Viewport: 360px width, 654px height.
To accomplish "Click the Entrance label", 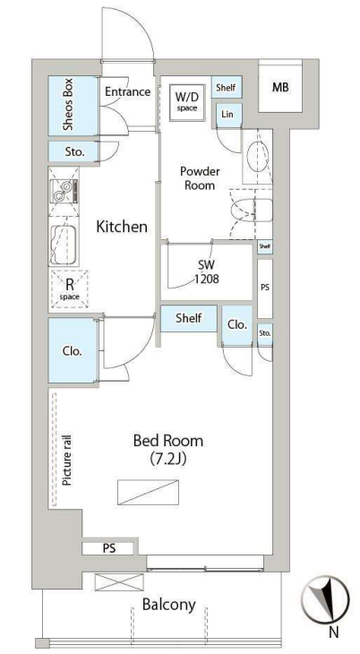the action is pos(127,91).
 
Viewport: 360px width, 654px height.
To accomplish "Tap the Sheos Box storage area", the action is pos(73,106).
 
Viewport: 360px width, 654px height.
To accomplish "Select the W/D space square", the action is pos(186,102).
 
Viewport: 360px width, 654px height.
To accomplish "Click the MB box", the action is pos(280,88).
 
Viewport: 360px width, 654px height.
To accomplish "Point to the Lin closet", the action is pos(227,115).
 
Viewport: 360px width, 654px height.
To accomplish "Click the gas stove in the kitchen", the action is pos(64,192).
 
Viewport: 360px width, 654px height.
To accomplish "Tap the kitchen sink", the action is pos(64,245).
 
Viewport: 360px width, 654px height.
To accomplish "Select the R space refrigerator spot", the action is pos(70,289).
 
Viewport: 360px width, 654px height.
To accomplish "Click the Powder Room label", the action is pos(200,178).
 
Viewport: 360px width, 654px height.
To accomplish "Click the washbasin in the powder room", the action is pos(257,157).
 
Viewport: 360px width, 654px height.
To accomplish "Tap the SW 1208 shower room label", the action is pos(207,271).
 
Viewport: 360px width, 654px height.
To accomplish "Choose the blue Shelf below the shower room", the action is pos(189,319).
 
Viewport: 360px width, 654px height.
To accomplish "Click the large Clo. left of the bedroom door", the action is pos(73,350).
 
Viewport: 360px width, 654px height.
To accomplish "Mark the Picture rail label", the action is pos(67,460).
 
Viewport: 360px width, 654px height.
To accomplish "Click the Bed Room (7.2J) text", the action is pos(168,449).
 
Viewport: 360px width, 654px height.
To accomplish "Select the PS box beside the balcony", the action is pos(108,548).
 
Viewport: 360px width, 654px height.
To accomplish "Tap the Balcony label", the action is pos(169,605).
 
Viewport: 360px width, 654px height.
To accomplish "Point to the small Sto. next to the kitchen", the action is pos(74,151).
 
